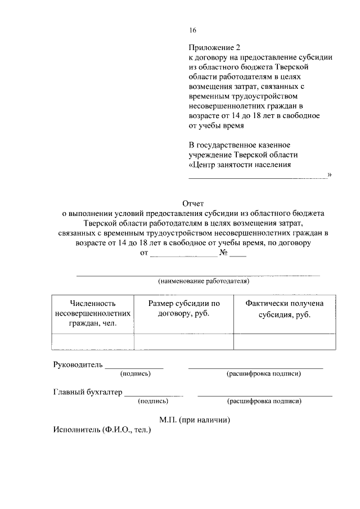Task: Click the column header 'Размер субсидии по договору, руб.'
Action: coord(184,308)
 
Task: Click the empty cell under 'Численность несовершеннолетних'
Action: coord(92,341)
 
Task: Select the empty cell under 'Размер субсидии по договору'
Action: coord(184,341)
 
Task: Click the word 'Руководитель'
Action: coord(78,364)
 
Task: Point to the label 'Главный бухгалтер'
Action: coord(88,393)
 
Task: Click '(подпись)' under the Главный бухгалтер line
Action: coord(153,402)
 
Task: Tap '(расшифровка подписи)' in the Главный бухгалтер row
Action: coord(264,402)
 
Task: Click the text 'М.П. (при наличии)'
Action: coord(195,420)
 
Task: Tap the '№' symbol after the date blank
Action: coord(223,253)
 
